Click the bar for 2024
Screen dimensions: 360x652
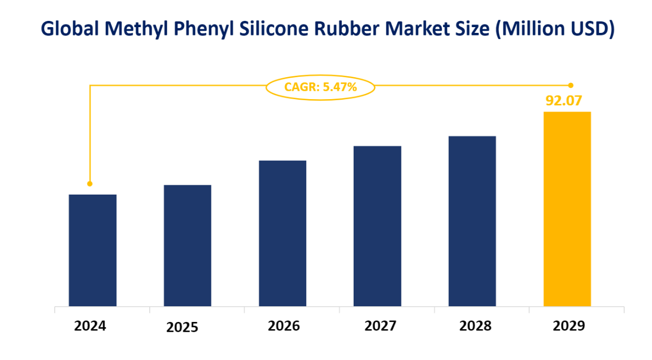92,250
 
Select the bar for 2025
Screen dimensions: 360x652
187,246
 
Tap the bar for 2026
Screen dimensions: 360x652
282,233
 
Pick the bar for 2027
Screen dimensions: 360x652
377,226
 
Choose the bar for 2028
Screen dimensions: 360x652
472,221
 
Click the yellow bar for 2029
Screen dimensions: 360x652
567,209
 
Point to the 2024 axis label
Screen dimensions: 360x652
90,326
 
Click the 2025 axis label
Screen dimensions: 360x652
183,328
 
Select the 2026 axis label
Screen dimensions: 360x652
284,326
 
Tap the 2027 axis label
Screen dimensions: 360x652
380,326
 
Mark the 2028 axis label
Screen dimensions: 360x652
475,326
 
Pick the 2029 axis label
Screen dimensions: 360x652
569,326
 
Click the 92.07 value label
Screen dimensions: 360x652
567,101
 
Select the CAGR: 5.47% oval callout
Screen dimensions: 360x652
320,87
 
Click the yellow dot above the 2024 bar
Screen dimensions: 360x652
90,184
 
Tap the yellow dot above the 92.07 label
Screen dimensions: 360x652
571,85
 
